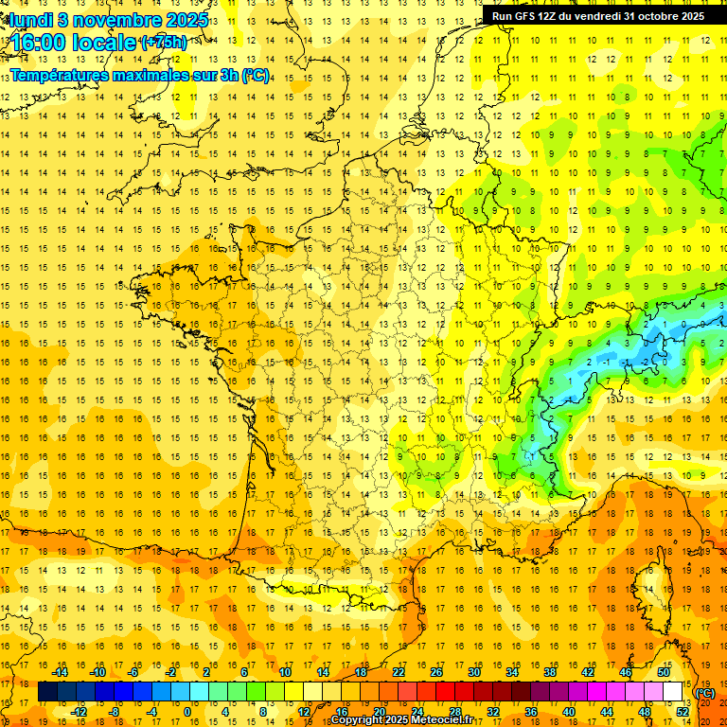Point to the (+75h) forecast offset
click(164, 43)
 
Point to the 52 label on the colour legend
click(683, 712)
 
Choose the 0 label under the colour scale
click(187, 712)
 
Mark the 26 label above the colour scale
click(436, 672)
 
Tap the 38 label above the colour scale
click(550, 672)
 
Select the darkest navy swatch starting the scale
click(47, 692)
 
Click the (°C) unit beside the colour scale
click(704, 692)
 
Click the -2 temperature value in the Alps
click(647, 362)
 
